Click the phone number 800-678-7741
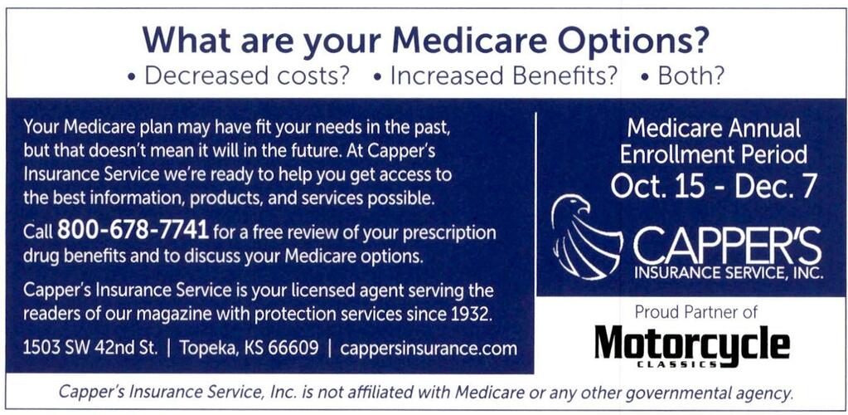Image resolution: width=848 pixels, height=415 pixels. coord(133,230)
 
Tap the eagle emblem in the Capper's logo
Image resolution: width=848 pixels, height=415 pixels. coord(586,237)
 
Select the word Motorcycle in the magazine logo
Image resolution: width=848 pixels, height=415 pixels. coord(692,344)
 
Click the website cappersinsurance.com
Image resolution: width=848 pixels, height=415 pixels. coord(429,348)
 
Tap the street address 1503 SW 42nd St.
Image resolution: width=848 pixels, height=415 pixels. coord(90,348)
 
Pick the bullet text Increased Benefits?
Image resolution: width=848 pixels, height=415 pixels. coord(503,76)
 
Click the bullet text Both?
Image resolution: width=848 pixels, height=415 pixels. coord(691,76)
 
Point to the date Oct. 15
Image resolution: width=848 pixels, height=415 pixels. coord(657,186)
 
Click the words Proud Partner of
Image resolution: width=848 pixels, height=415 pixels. coord(696,312)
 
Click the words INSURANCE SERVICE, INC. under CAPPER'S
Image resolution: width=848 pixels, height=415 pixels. coord(729,271)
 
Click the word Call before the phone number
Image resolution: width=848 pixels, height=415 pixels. coord(38,232)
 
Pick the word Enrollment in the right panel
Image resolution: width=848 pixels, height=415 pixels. coord(677,155)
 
